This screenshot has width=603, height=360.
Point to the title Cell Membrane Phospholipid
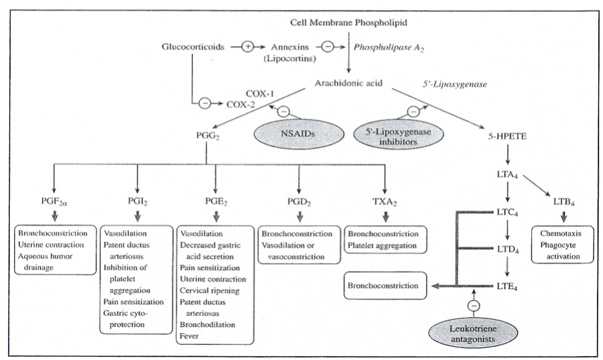coord(348,23)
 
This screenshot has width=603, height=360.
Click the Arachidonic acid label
coord(348,84)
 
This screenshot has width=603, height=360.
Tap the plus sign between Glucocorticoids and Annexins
coord(247,47)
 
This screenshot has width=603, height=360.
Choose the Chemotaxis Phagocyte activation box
coord(563,240)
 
